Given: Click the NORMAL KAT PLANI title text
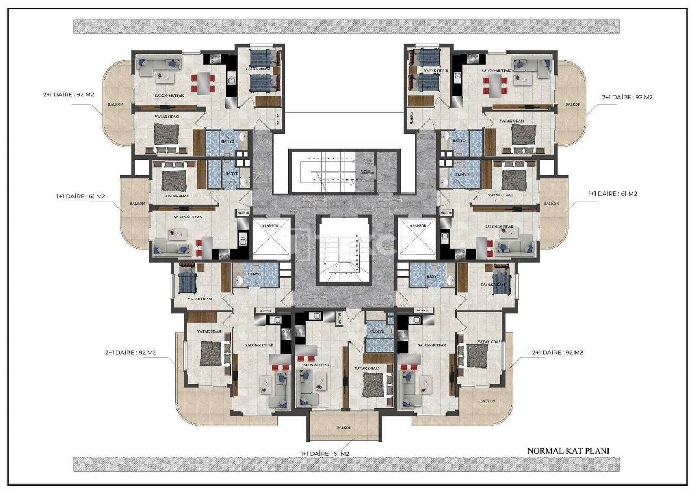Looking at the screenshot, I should click(x=568, y=450).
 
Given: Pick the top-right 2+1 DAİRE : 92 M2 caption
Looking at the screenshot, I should click(x=626, y=98).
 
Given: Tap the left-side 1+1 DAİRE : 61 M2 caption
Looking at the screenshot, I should click(x=81, y=197).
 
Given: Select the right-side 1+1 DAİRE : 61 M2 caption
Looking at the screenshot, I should click(x=613, y=193).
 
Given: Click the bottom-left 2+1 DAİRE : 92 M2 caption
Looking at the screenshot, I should click(x=130, y=352).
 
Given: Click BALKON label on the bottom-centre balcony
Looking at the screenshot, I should click(x=344, y=427).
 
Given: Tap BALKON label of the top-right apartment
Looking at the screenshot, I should click(x=572, y=104).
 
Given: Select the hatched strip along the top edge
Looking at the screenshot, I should click(x=346, y=26).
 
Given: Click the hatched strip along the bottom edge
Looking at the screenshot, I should click(x=346, y=464).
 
